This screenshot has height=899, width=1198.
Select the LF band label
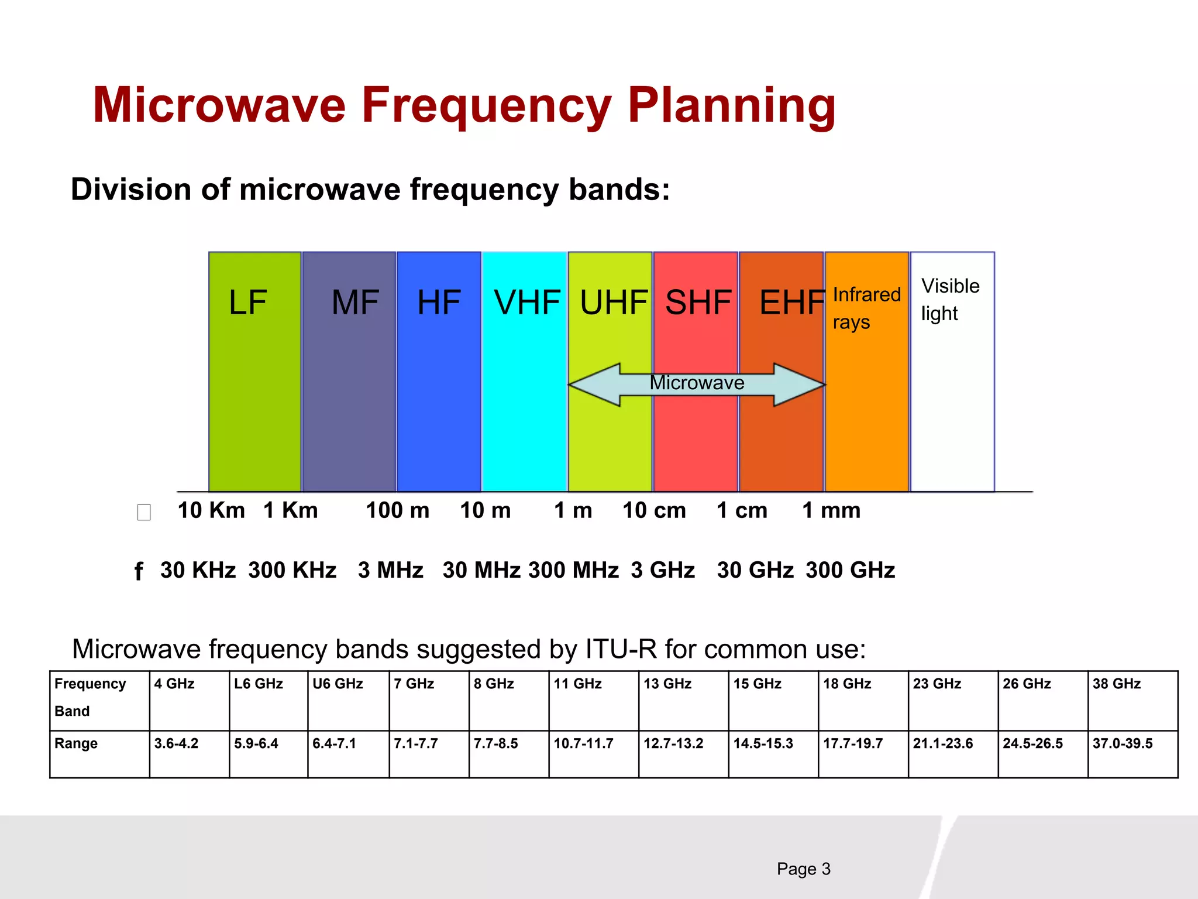(247, 303)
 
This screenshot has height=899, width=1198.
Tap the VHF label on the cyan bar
(527, 303)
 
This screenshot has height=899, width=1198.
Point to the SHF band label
(698, 303)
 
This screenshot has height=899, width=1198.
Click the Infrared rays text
(866, 308)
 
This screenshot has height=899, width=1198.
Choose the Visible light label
(949, 299)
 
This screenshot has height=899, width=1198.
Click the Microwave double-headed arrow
(696, 384)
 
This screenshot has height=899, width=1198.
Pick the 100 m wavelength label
(397, 510)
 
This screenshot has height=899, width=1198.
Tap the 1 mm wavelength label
(831, 510)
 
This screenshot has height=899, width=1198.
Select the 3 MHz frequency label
(390, 570)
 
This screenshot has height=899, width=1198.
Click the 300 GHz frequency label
(850, 570)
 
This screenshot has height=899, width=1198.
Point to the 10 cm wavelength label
(654, 510)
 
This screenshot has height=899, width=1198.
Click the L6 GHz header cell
(259, 684)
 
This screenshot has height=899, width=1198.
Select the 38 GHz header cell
(1116, 684)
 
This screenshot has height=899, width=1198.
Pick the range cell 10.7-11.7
(583, 743)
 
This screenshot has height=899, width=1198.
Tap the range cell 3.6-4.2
(176, 743)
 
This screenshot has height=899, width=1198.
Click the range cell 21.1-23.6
(942, 743)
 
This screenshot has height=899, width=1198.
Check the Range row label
(76, 743)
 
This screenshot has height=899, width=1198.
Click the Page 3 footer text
(803, 869)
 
